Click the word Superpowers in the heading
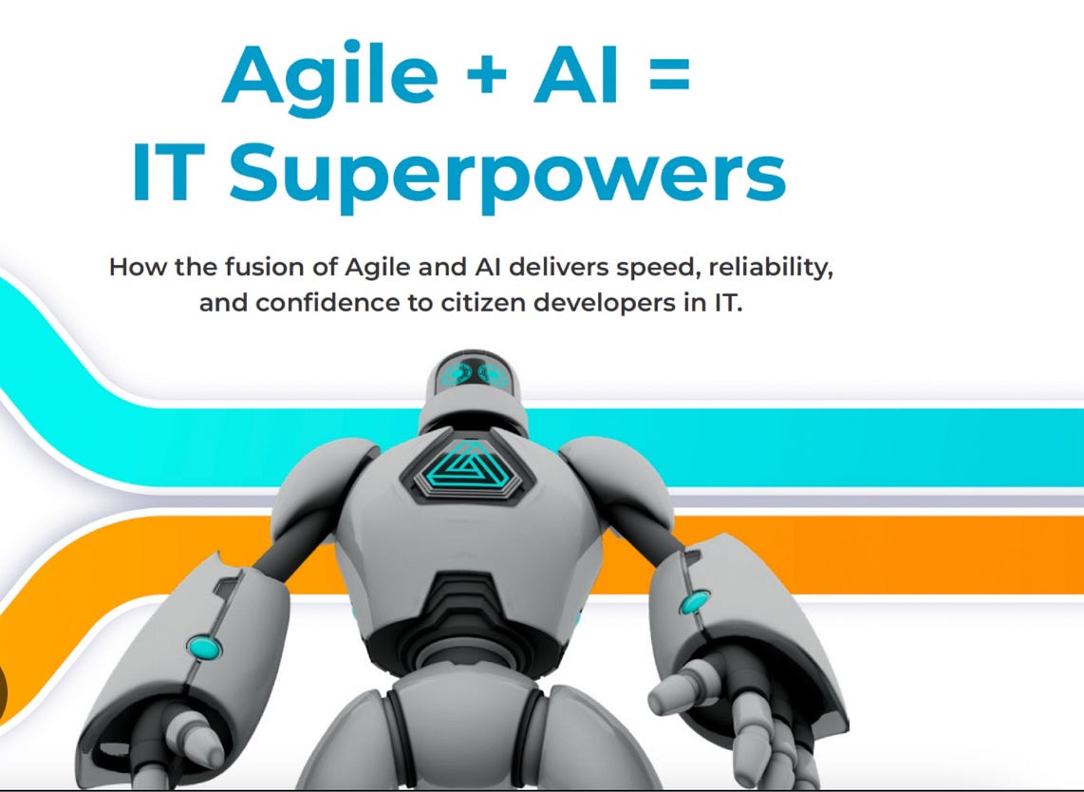coord(507,176)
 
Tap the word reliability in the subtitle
coord(777,267)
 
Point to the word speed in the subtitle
coord(670,268)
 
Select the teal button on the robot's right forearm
coord(696,601)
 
